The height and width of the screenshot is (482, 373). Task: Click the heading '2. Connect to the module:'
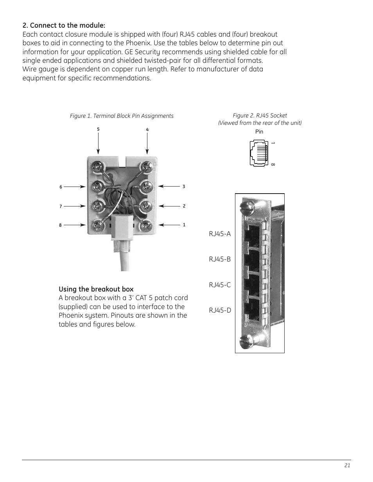point(64,26)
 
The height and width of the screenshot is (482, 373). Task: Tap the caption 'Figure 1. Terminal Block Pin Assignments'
point(122,116)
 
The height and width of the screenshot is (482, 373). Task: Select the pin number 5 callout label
point(98,129)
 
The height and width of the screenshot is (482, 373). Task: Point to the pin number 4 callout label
point(147,130)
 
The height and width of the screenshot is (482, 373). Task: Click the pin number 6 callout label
point(61,187)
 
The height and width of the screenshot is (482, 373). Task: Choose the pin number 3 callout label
point(184,187)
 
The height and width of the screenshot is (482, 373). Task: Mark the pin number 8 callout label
point(60,225)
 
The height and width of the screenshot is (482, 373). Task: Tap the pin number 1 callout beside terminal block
point(184,225)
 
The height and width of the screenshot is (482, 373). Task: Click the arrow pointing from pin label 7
point(75,206)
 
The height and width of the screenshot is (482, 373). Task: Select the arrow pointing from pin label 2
point(169,206)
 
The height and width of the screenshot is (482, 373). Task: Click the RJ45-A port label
point(220,234)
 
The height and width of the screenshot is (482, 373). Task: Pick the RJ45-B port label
point(220,259)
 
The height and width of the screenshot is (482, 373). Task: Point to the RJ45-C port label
point(220,285)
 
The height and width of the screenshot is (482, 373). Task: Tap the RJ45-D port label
point(220,310)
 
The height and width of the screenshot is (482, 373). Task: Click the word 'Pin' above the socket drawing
point(259,132)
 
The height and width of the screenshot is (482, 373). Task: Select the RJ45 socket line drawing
point(258,153)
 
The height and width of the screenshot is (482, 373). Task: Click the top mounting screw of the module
point(245,205)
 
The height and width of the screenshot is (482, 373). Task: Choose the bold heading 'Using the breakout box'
point(96,289)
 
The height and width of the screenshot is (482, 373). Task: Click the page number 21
point(348,465)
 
